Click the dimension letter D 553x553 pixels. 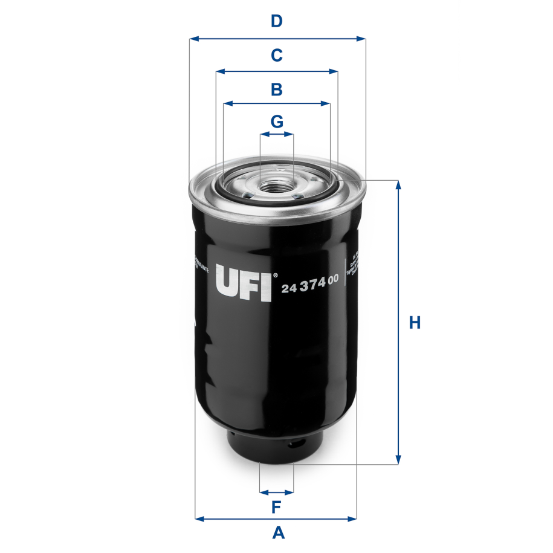coord(276,22)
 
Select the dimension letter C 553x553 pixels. coord(276,56)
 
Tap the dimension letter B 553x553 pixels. coord(276,90)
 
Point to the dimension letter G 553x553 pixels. coord(276,121)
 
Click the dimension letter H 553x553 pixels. coord(415,323)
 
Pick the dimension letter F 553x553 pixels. coord(276,506)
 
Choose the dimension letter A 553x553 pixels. coord(278,533)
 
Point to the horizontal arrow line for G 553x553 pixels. coord(276,135)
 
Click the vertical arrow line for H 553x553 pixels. coord(398,323)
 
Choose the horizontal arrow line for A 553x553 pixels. coord(276,519)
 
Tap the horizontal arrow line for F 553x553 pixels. coord(276,491)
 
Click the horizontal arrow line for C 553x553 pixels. coord(276,71)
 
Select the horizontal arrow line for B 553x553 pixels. coord(276,104)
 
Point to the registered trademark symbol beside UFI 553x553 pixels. coord(276,276)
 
